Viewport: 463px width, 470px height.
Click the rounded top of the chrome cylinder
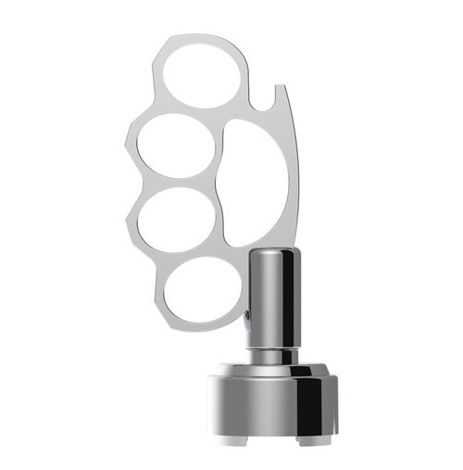point(273,254)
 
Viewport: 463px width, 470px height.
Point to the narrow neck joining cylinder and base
point(273,355)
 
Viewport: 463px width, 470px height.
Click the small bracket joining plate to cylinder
point(246,317)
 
